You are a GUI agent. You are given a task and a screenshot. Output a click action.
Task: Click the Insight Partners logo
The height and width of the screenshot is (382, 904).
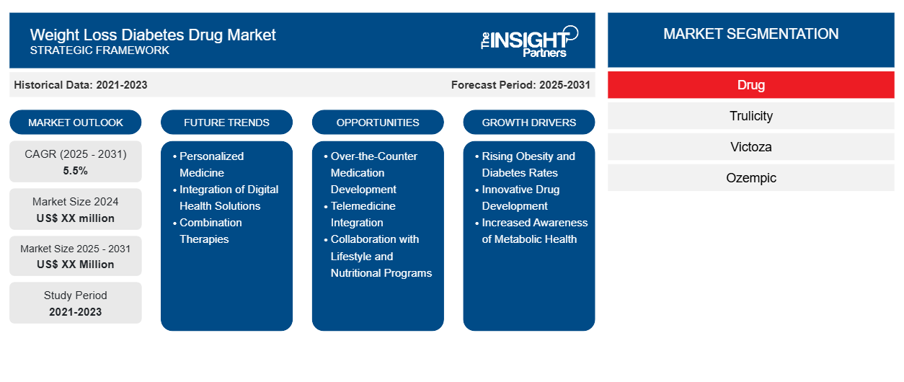point(529,42)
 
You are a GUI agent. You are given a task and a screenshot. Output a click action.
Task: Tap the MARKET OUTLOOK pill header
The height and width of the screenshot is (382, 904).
point(76,123)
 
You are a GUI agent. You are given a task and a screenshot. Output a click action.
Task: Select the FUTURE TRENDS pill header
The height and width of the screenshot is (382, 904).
point(226,123)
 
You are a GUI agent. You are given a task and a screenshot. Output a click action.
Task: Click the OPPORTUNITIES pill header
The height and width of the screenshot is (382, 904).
point(378,123)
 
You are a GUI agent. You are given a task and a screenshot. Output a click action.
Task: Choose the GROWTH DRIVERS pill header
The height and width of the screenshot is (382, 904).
point(528,123)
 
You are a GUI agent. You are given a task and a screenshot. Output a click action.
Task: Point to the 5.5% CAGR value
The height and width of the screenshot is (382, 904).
point(76,171)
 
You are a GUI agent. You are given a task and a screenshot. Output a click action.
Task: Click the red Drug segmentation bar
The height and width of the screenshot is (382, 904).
point(751,85)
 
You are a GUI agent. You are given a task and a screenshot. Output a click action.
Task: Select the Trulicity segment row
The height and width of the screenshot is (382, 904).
point(751,116)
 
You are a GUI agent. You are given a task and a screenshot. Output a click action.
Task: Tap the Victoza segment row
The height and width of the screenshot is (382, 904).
point(751,147)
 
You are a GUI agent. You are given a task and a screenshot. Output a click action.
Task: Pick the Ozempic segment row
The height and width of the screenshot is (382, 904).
point(751,177)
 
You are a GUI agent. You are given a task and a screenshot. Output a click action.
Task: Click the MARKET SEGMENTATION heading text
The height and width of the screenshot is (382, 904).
point(751,34)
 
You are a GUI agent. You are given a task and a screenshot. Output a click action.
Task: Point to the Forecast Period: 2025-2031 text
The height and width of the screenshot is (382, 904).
point(520,85)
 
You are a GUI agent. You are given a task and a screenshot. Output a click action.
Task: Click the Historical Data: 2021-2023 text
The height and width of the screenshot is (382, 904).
point(81,85)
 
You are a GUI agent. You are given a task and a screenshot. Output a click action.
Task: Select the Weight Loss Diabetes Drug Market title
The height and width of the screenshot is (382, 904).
point(153,35)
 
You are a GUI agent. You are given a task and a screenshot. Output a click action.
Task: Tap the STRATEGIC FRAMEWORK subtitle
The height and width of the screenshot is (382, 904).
point(99,50)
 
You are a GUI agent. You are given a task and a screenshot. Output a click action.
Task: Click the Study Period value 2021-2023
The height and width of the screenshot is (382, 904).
point(76,312)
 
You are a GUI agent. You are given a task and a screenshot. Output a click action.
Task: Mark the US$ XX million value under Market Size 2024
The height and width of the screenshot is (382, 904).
point(76,218)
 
